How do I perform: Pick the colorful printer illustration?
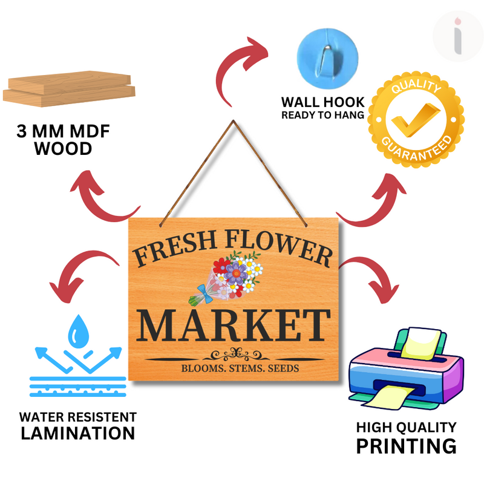tap(406, 369)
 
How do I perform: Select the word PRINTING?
tap(405, 446)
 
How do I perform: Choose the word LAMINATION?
tap(78, 433)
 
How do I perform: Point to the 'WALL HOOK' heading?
tap(323, 102)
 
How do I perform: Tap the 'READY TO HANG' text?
tap(323, 115)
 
